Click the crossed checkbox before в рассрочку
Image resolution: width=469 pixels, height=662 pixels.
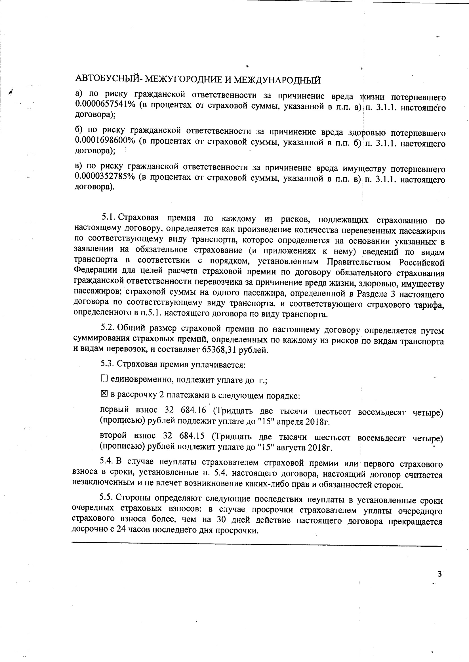pos(104,393)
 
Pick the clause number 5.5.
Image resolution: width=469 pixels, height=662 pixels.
pos(107,497)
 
